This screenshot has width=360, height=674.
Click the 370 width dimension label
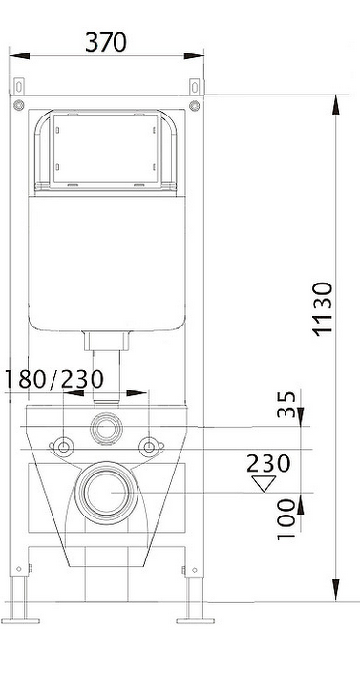(x=106, y=43)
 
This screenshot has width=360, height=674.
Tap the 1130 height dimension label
(x=324, y=308)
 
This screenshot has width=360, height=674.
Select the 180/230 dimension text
(x=54, y=379)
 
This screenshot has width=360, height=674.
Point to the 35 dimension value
(x=286, y=404)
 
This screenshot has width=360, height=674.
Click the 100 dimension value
(x=286, y=518)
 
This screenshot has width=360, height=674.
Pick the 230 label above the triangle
(x=269, y=463)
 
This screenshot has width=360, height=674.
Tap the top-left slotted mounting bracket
(x=18, y=87)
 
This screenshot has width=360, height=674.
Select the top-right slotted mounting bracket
(x=195, y=87)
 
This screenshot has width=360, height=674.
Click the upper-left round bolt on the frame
(x=18, y=105)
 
